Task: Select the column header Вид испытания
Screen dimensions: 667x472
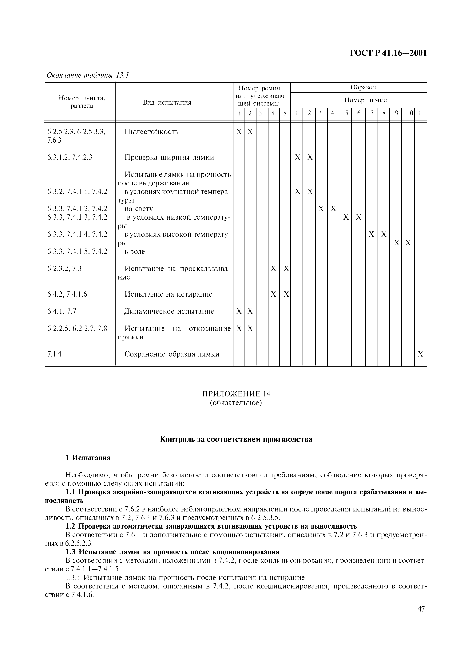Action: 167,102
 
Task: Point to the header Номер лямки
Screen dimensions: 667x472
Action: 366,100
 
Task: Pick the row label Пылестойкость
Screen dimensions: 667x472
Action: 152,132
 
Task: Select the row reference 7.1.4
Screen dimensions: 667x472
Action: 54,354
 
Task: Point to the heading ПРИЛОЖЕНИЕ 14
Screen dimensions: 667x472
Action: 236,394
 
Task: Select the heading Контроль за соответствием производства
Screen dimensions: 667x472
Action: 236,439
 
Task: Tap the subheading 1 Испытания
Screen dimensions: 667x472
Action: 88,458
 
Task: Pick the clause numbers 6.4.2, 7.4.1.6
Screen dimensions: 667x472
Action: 67,294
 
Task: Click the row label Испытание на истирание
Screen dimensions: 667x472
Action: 168,294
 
